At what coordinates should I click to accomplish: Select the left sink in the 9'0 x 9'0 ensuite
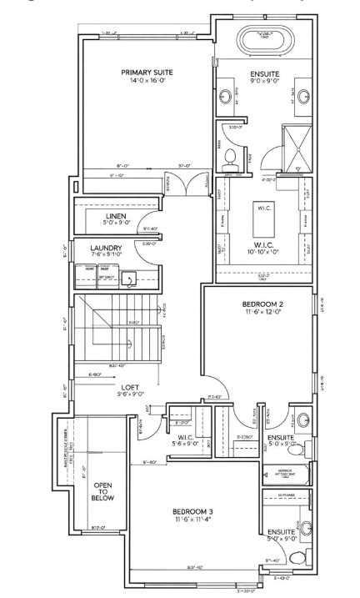point(226,98)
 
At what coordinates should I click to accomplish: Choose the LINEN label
point(116,216)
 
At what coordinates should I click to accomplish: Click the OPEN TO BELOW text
point(102,492)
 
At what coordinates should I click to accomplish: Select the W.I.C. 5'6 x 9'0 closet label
point(187,440)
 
